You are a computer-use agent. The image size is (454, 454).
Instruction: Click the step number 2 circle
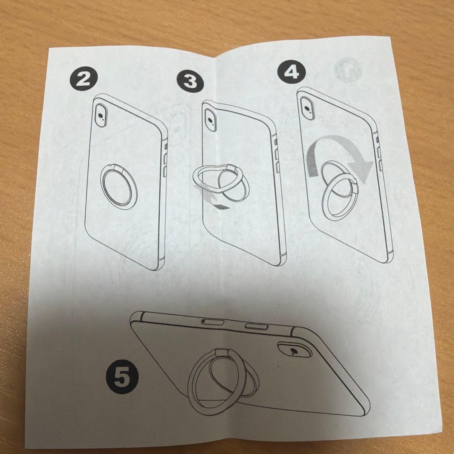click(83, 79)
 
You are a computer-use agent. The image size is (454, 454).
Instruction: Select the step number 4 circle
click(291, 72)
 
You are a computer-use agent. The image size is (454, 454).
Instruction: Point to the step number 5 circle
click(122, 377)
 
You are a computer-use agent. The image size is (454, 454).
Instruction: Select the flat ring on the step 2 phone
click(101, 185)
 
